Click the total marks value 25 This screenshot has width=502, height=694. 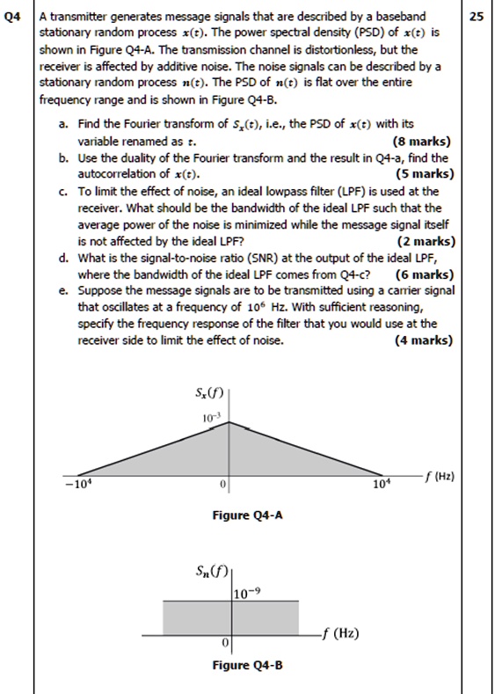coord(477,17)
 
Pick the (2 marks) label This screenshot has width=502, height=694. coord(425,240)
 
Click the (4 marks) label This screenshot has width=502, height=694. coord(425,340)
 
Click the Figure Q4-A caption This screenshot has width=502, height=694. coord(248,515)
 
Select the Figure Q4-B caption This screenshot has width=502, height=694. coord(248,665)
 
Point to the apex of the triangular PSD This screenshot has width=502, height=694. coord(229,421)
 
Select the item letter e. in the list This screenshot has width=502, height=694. coord(65,290)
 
